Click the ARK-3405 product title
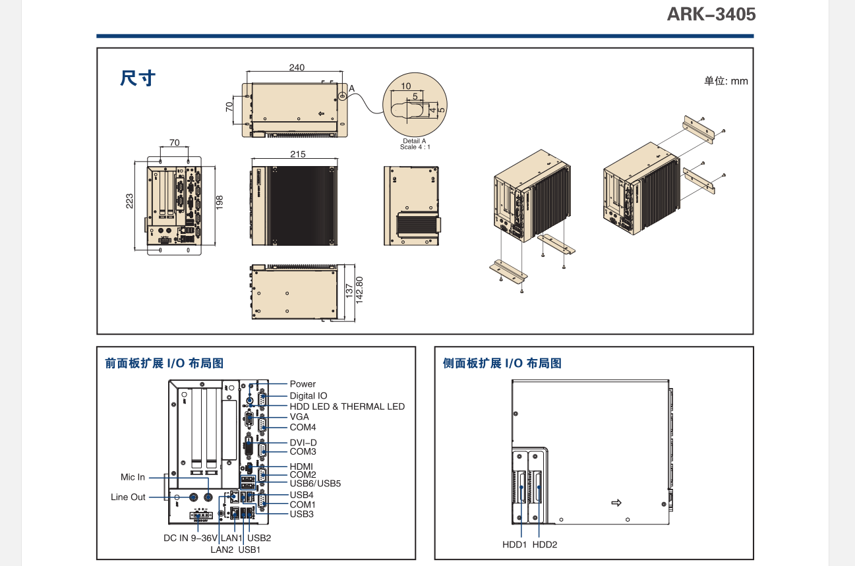coord(711,14)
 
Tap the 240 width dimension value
coord(297,67)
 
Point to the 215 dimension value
coord(297,154)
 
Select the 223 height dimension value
coord(130,200)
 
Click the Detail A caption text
coord(415,141)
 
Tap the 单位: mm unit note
coord(726,81)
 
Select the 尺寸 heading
coord(138,78)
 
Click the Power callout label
coord(303,384)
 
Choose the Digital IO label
coord(309,396)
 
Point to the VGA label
coord(299,417)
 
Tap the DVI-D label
coord(303,443)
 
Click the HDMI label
coord(301,467)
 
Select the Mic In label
coord(133,477)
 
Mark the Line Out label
coord(128,497)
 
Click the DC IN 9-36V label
coord(191,538)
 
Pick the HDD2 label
coord(545,545)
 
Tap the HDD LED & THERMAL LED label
coord(347,407)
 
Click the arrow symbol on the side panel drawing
coord(616,503)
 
